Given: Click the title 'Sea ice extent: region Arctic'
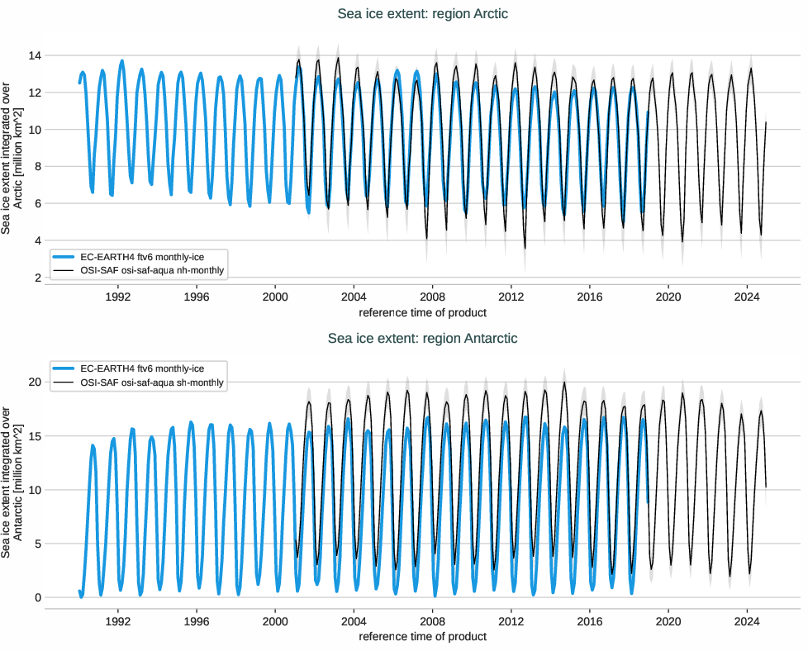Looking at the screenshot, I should coord(422,14).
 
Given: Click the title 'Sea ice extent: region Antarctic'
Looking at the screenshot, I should coord(422,338).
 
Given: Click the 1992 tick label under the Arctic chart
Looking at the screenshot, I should coord(118,297).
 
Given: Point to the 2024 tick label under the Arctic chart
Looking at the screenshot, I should coord(747,297).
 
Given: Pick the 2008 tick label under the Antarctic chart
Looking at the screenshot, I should coord(432,620).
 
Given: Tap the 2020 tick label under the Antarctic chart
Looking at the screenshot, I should coord(668,620).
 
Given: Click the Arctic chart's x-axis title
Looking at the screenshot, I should coord(422,312).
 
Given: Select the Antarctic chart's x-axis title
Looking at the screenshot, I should coord(422,636).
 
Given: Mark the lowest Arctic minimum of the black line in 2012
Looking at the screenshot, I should coord(525,248).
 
